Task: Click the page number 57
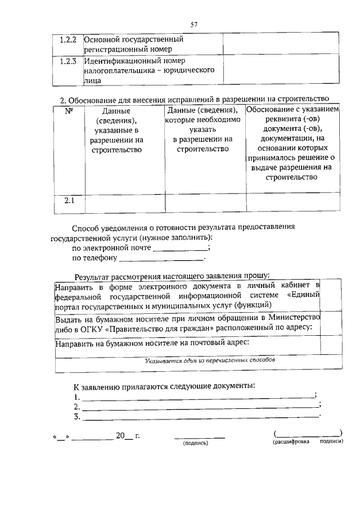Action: point(193,24)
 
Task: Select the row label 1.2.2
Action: point(68,40)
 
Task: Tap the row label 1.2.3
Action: point(68,61)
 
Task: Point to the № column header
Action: point(69,111)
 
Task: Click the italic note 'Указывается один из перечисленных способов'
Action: point(209,360)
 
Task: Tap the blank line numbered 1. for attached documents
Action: point(197,396)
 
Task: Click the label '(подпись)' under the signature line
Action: point(195,443)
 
